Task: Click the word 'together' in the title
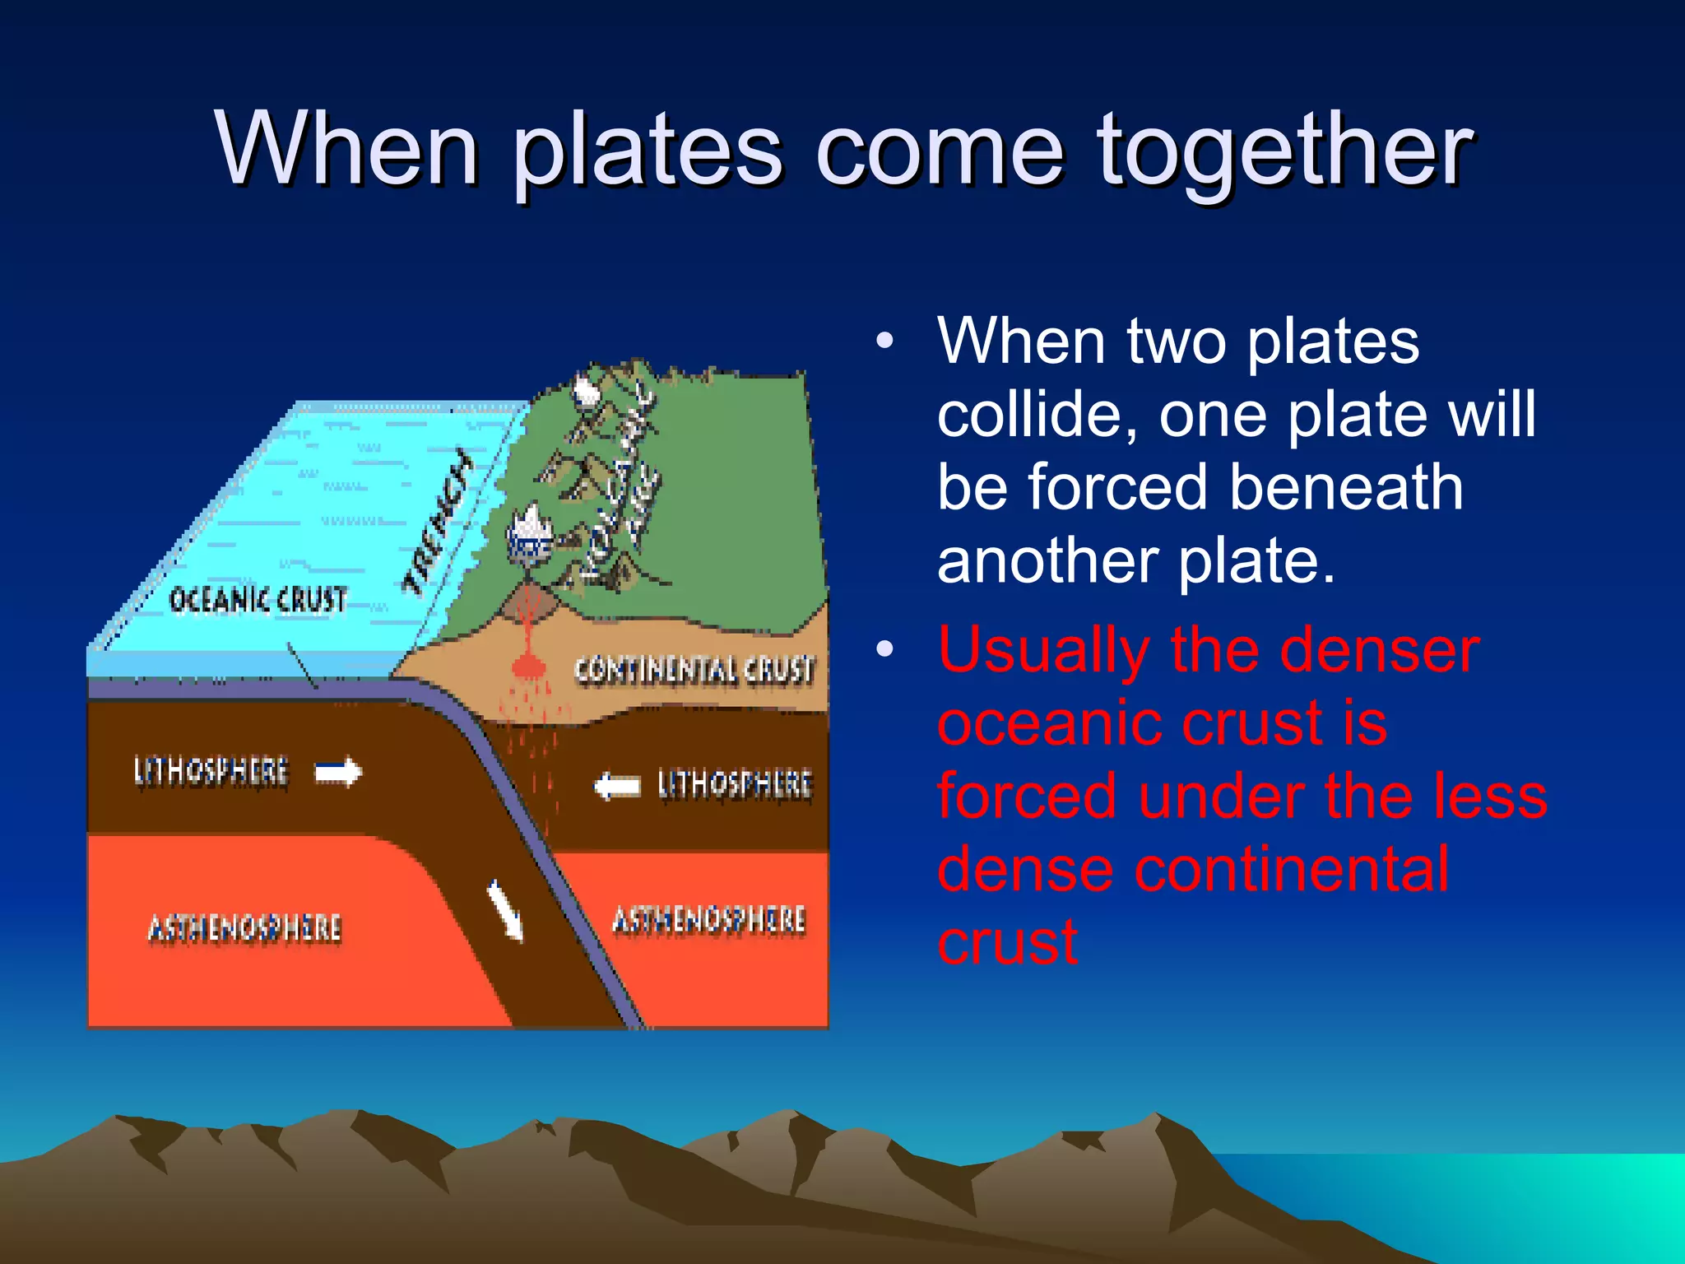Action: coord(1284,152)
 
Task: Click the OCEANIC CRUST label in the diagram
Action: coord(258,600)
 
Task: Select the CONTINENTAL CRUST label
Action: coord(694,670)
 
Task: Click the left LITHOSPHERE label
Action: coord(211,772)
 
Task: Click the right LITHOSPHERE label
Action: coord(735,783)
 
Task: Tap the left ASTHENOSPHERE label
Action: coord(244,928)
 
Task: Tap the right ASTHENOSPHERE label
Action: coord(708,919)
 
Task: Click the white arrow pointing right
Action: coord(338,772)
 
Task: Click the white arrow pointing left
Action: coord(617,786)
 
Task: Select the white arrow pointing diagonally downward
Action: coord(505,909)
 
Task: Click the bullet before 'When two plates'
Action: coord(884,341)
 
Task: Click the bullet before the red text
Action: coord(884,649)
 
